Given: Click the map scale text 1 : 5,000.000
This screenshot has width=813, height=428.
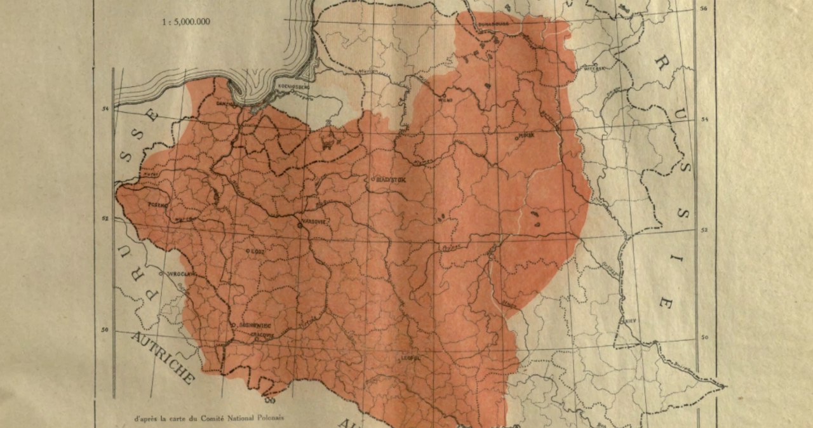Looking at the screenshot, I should click(186, 22).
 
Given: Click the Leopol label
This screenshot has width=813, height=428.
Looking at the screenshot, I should click(412, 357).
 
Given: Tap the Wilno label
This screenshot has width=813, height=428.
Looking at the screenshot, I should click(445, 99).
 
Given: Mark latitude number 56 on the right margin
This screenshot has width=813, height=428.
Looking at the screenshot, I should click(703, 9).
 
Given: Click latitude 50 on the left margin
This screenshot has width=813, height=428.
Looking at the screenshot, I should click(104, 329).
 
